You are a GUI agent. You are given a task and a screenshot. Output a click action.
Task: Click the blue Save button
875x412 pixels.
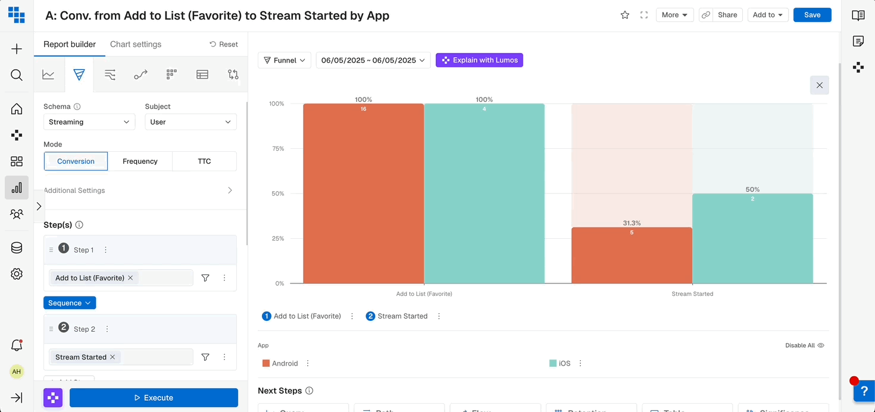812,15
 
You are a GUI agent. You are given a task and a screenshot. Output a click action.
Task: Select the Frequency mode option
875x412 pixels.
140,161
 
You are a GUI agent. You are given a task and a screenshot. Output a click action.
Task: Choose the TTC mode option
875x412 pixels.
204,161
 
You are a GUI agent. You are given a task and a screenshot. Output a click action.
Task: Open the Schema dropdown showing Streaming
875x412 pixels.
89,122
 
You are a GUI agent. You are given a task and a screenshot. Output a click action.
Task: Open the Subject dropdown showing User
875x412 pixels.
190,122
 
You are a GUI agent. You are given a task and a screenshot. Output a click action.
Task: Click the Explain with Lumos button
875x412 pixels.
479,60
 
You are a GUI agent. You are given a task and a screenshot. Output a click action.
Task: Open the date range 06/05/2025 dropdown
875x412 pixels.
373,60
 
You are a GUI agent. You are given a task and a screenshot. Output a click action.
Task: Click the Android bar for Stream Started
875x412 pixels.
632,256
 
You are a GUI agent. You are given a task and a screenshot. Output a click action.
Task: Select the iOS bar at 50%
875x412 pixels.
752,238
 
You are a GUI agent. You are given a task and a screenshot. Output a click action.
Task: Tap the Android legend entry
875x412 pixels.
285,363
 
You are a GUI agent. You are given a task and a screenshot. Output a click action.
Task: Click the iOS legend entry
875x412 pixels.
564,363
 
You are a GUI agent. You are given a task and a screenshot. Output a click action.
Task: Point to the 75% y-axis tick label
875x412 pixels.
278,149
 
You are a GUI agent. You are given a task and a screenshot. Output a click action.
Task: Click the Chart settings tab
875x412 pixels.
136,44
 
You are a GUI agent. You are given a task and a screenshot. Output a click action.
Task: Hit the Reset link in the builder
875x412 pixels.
224,44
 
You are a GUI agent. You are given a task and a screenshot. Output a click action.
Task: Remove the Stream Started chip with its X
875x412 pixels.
112,357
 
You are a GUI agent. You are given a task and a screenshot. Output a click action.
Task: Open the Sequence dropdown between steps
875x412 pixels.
70,303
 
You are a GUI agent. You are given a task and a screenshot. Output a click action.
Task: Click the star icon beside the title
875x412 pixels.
625,15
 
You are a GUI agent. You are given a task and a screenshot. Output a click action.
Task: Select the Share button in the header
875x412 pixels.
727,15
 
